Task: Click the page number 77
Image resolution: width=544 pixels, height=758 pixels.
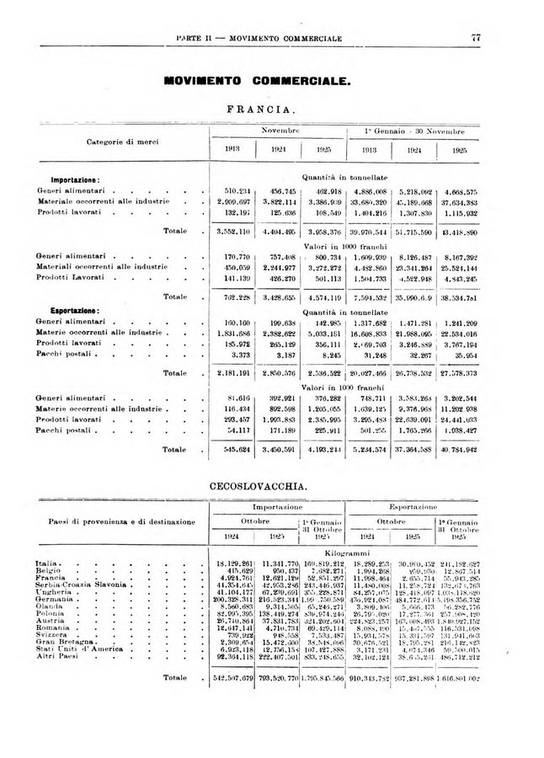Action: coord(475,37)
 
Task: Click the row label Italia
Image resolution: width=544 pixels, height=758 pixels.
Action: coord(47,563)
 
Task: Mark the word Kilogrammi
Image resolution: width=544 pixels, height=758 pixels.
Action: coord(344,552)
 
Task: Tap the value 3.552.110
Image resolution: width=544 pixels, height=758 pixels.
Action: coord(225,230)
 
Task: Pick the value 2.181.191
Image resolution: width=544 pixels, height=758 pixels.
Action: coord(225,372)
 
